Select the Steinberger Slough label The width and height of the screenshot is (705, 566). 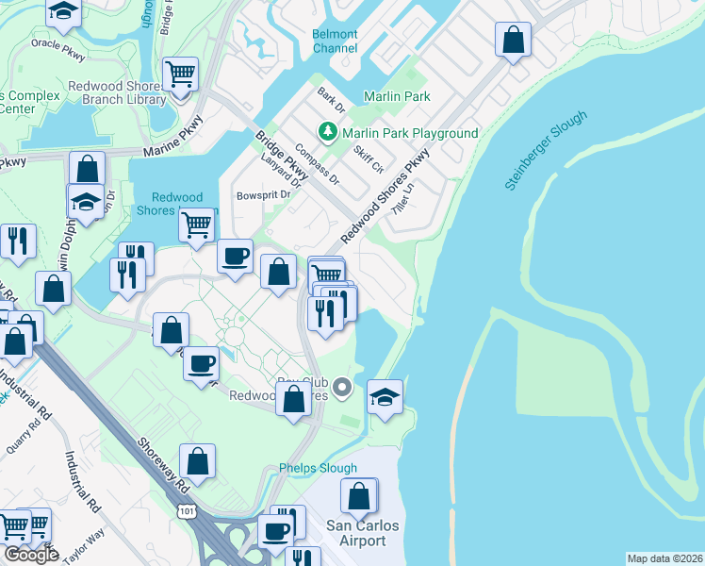click(546, 151)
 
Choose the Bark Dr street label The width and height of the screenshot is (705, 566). click(327, 96)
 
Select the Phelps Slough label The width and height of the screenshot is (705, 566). click(319, 468)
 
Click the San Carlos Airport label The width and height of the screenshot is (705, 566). click(355, 533)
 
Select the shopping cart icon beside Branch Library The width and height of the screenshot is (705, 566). click(179, 73)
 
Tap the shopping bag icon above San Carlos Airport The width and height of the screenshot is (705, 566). click(359, 495)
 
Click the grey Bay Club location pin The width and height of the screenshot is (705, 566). click(343, 385)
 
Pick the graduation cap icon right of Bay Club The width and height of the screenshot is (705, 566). click(385, 396)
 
